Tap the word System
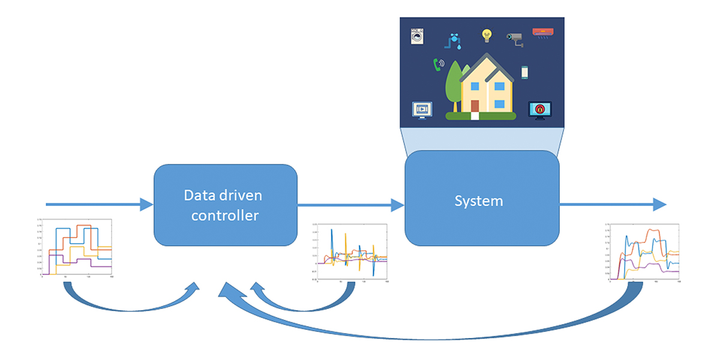pos(478,201)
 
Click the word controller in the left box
pos(225,215)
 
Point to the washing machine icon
pos(416,36)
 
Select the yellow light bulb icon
pos(487,35)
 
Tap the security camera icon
pos(515,39)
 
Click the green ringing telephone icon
pos(439,64)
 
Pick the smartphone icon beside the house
pos(524,72)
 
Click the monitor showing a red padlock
pos(540,110)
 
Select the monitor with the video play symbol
pos(421,110)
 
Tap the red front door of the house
pos(475,107)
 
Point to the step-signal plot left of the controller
pos(76,248)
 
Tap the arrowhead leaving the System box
pos(659,205)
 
